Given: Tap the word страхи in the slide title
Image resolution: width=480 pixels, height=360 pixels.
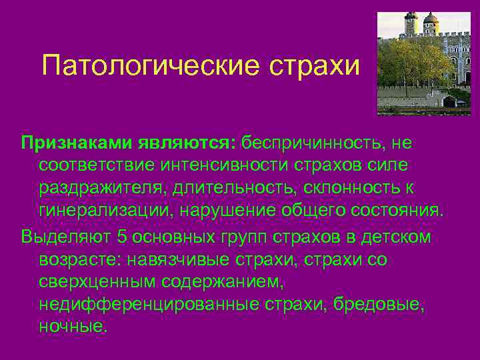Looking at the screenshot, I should coord(315,66).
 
